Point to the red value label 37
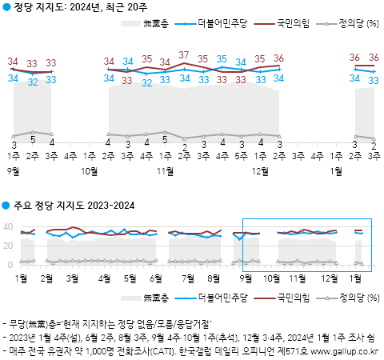(184, 55)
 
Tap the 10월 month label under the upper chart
(90, 170)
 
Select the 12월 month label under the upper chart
(260, 170)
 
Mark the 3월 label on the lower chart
(73, 278)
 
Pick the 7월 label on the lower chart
(189, 278)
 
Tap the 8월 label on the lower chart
(214, 278)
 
